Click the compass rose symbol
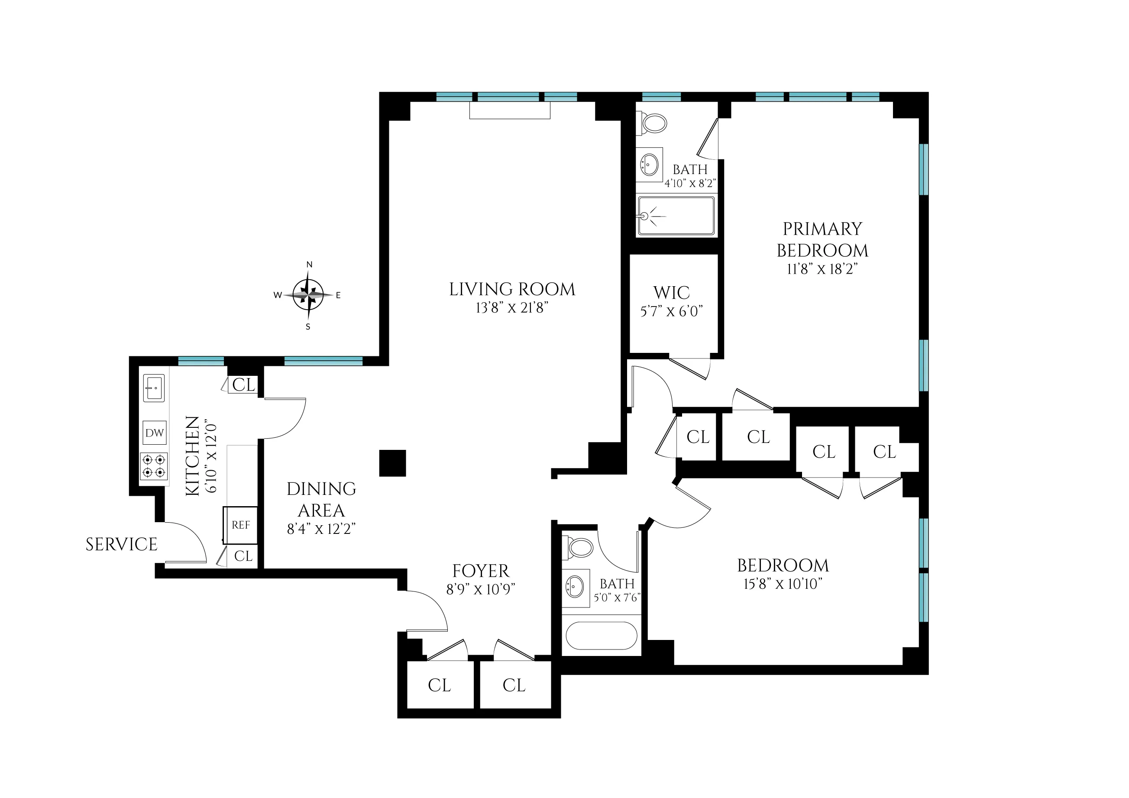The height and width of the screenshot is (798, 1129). pos(308,295)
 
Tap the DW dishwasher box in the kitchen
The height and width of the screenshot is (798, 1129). pos(155,433)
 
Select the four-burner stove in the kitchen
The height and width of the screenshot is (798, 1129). pos(154,467)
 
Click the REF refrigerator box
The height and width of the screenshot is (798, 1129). pos(240,525)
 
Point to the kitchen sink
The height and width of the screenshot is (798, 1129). pos(154,388)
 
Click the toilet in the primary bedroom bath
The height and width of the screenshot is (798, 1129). pos(653,123)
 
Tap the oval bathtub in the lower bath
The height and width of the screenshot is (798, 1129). pos(602,636)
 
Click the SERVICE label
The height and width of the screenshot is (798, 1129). pos(121,544)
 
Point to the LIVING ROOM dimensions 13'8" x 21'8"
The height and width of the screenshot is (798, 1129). pos(512,308)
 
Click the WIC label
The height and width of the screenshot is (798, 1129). pos(671,293)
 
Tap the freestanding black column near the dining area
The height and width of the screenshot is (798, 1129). pos(392,463)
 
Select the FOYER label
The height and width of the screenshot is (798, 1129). pos(480,571)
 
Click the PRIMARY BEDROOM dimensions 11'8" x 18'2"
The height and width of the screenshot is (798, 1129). pos(822,269)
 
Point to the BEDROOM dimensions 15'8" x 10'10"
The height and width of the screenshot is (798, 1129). pos(783,584)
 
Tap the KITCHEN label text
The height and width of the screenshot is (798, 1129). pos(193,456)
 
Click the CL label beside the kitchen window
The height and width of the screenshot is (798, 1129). pos(244,385)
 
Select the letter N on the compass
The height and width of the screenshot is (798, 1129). pos(309,265)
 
